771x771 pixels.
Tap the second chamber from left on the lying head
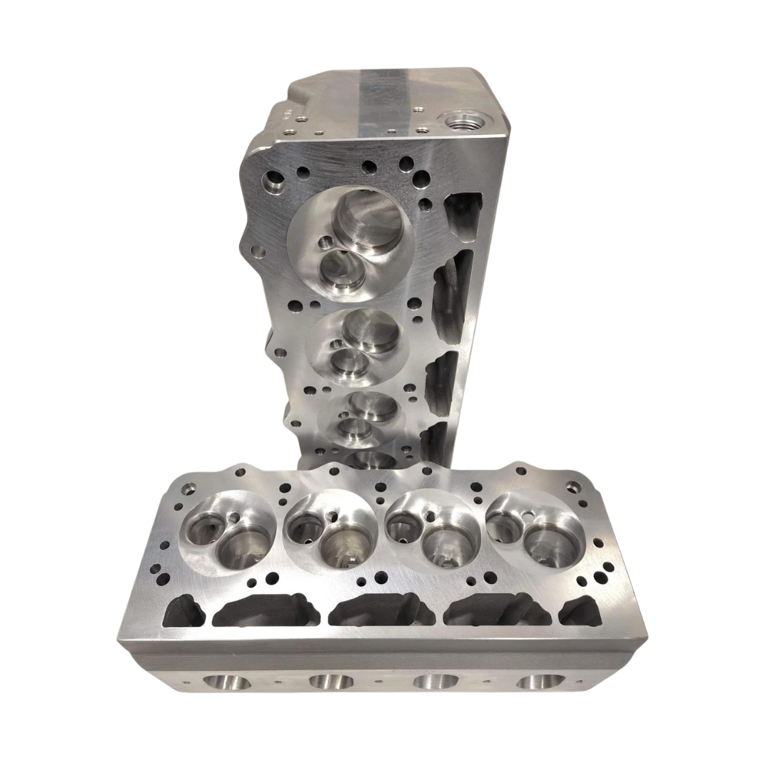[x=331, y=532]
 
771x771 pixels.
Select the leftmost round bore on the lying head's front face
[x=226, y=682]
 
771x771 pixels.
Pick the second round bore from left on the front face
[x=330, y=682]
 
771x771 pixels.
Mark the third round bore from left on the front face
[x=435, y=682]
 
